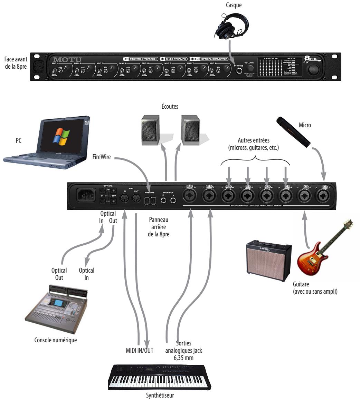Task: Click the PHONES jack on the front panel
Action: click(239, 71)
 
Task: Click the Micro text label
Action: click(305, 125)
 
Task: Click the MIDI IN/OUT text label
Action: click(139, 350)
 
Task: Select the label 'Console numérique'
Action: click(56, 340)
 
